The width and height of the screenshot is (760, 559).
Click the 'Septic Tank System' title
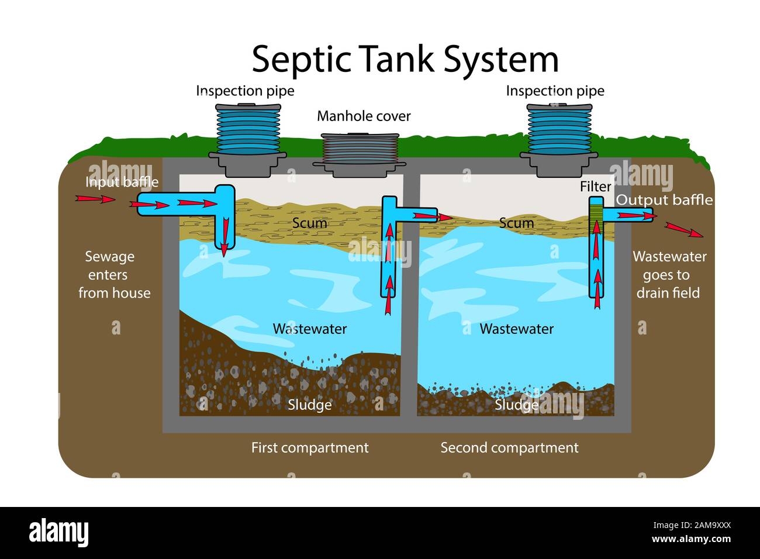coord(405,59)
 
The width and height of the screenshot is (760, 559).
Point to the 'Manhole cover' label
coord(363,116)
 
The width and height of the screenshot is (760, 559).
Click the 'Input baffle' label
coord(122,182)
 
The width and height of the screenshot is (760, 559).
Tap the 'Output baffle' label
coord(664,200)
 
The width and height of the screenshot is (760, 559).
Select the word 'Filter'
coord(595,187)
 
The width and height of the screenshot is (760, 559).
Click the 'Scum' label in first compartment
coord(309,223)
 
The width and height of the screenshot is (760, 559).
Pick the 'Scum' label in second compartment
coord(516,223)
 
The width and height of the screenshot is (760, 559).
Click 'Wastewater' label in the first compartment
coord(309,329)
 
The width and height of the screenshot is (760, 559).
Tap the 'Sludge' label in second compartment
coord(516,405)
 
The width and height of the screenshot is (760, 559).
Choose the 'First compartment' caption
coord(309,448)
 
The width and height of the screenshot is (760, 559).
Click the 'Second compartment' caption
coord(509,448)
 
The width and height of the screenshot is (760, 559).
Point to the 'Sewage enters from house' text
coord(110,274)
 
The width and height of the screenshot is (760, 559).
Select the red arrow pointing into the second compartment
coord(433,216)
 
